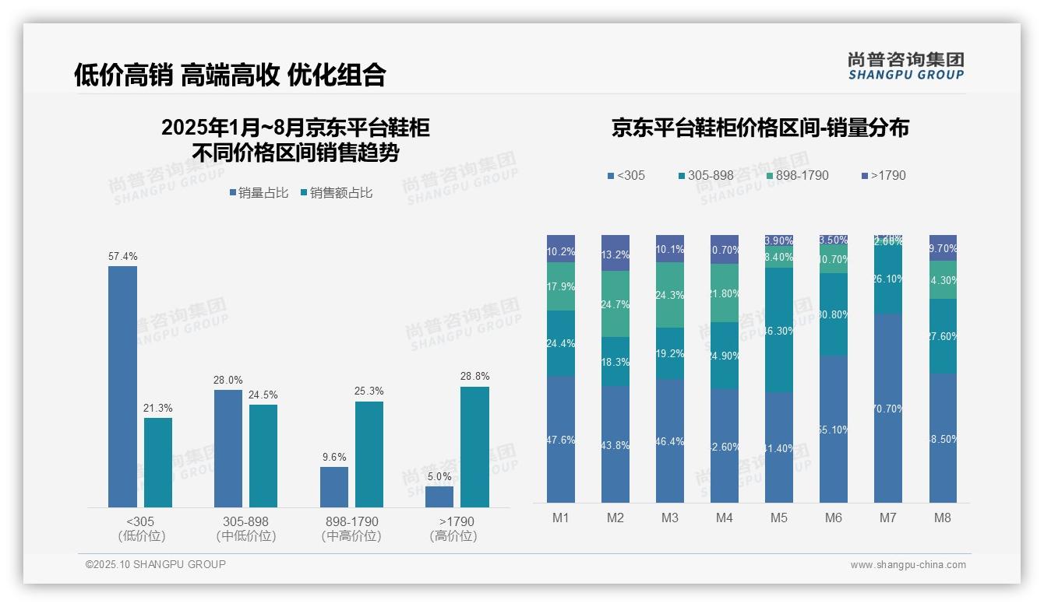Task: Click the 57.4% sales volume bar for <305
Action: coord(122,387)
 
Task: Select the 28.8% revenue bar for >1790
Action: coord(474,447)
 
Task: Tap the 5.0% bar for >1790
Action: coord(439,496)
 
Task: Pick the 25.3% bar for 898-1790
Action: coord(369,454)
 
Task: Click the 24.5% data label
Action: coord(263,395)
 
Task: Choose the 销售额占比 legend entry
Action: coord(337,193)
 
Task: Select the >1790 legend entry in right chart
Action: coord(884,175)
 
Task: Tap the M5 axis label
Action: coord(779,518)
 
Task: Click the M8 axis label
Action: coord(943,518)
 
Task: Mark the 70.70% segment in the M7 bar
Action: coord(888,409)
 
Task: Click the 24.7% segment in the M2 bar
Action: coord(615,303)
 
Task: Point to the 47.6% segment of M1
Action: coord(561,440)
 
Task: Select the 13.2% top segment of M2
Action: coord(615,253)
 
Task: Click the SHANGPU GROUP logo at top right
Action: coord(906,66)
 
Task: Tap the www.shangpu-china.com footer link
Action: coord(908,565)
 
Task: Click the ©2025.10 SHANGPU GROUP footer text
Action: coord(156,564)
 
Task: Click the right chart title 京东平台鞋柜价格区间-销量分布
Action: coord(760,128)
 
